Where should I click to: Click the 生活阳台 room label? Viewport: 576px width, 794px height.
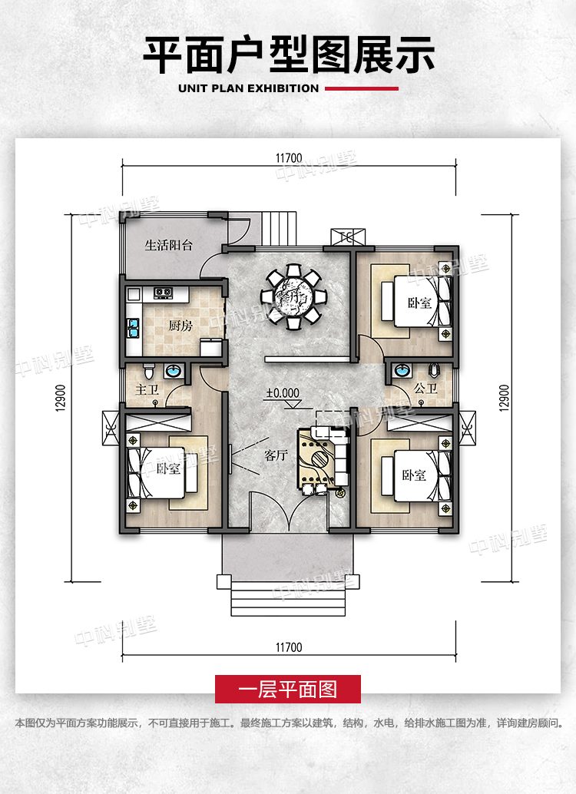pyautogui.click(x=169, y=246)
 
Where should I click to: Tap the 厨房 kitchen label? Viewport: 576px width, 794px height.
pyautogui.click(x=180, y=326)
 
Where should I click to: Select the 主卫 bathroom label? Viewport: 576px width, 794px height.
pyautogui.click(x=147, y=389)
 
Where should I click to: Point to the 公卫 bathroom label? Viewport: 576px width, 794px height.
pyautogui.click(x=425, y=389)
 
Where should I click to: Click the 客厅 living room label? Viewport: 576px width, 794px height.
pyautogui.click(x=276, y=455)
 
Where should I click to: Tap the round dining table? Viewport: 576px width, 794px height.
pyautogui.click(x=293, y=296)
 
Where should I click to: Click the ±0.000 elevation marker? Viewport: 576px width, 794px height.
pyautogui.click(x=283, y=393)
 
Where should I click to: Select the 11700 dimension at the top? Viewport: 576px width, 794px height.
pyautogui.click(x=289, y=158)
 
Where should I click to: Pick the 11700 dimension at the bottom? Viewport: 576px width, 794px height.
pyautogui.click(x=289, y=647)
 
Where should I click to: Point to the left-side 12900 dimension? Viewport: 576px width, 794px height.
pyautogui.click(x=61, y=399)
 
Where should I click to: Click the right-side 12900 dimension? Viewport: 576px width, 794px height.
pyautogui.click(x=504, y=399)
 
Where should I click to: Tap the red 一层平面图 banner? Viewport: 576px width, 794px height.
pyautogui.click(x=288, y=689)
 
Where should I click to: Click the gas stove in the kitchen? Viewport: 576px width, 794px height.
pyautogui.click(x=163, y=293)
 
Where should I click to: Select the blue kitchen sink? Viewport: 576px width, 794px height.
pyautogui.click(x=133, y=328)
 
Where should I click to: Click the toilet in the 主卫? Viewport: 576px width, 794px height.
pyautogui.click(x=148, y=371)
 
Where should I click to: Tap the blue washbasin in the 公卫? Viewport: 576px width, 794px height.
pyautogui.click(x=402, y=370)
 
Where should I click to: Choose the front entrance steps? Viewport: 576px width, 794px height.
pyautogui.click(x=288, y=598)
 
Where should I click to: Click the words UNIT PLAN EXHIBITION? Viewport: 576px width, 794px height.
pyautogui.click(x=248, y=88)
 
